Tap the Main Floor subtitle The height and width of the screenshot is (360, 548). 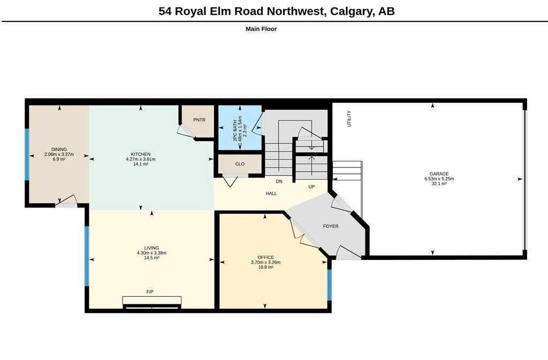(261, 29)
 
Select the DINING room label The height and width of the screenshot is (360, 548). (59, 149)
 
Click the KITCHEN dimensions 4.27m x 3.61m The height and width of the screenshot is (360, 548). (141, 159)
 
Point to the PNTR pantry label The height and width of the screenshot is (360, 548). (199, 120)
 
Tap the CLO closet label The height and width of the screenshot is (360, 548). (240, 164)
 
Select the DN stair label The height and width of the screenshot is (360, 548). (279, 181)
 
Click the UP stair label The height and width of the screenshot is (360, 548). (311, 187)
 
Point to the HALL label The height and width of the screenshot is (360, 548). (271, 194)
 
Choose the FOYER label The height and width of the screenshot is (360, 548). (331, 226)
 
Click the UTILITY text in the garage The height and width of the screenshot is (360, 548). (349, 119)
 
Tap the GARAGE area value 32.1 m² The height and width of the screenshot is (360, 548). (439, 183)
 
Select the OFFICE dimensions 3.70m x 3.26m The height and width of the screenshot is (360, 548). (265, 262)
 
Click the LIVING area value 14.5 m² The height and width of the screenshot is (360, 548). (151, 258)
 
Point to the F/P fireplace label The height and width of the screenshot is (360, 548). (150, 292)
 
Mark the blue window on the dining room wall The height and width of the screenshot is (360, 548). (27, 155)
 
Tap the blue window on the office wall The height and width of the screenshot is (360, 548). (329, 285)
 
